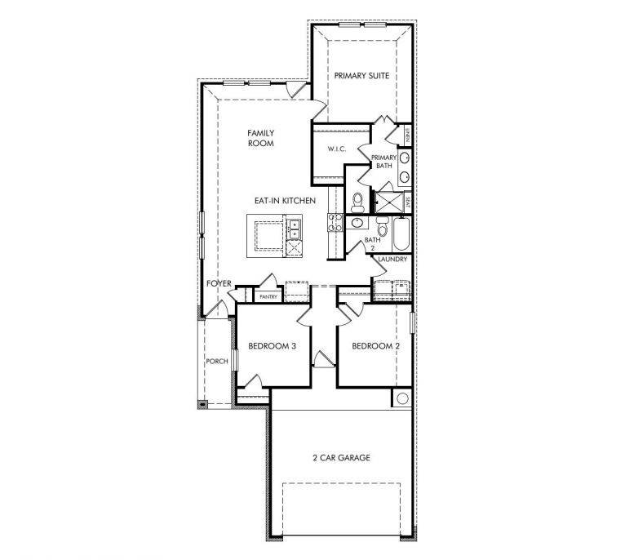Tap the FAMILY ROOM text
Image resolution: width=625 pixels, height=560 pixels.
point(261,138)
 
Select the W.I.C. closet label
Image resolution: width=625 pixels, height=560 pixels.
point(339,149)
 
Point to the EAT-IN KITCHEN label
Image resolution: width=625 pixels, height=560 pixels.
point(285,201)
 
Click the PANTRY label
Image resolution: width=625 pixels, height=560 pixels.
point(269,297)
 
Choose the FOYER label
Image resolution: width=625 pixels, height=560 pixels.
point(219,283)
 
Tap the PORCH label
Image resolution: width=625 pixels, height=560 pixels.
point(216,361)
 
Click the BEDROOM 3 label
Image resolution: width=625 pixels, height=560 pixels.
point(272,346)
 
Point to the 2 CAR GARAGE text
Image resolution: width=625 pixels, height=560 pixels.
point(342,458)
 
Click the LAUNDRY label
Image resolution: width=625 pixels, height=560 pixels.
point(392,260)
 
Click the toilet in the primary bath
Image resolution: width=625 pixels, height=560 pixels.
point(357,201)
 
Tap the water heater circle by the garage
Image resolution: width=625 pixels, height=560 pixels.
point(401,398)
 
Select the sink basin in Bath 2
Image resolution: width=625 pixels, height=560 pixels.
point(357,221)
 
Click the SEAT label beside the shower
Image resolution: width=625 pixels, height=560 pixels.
point(407,200)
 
